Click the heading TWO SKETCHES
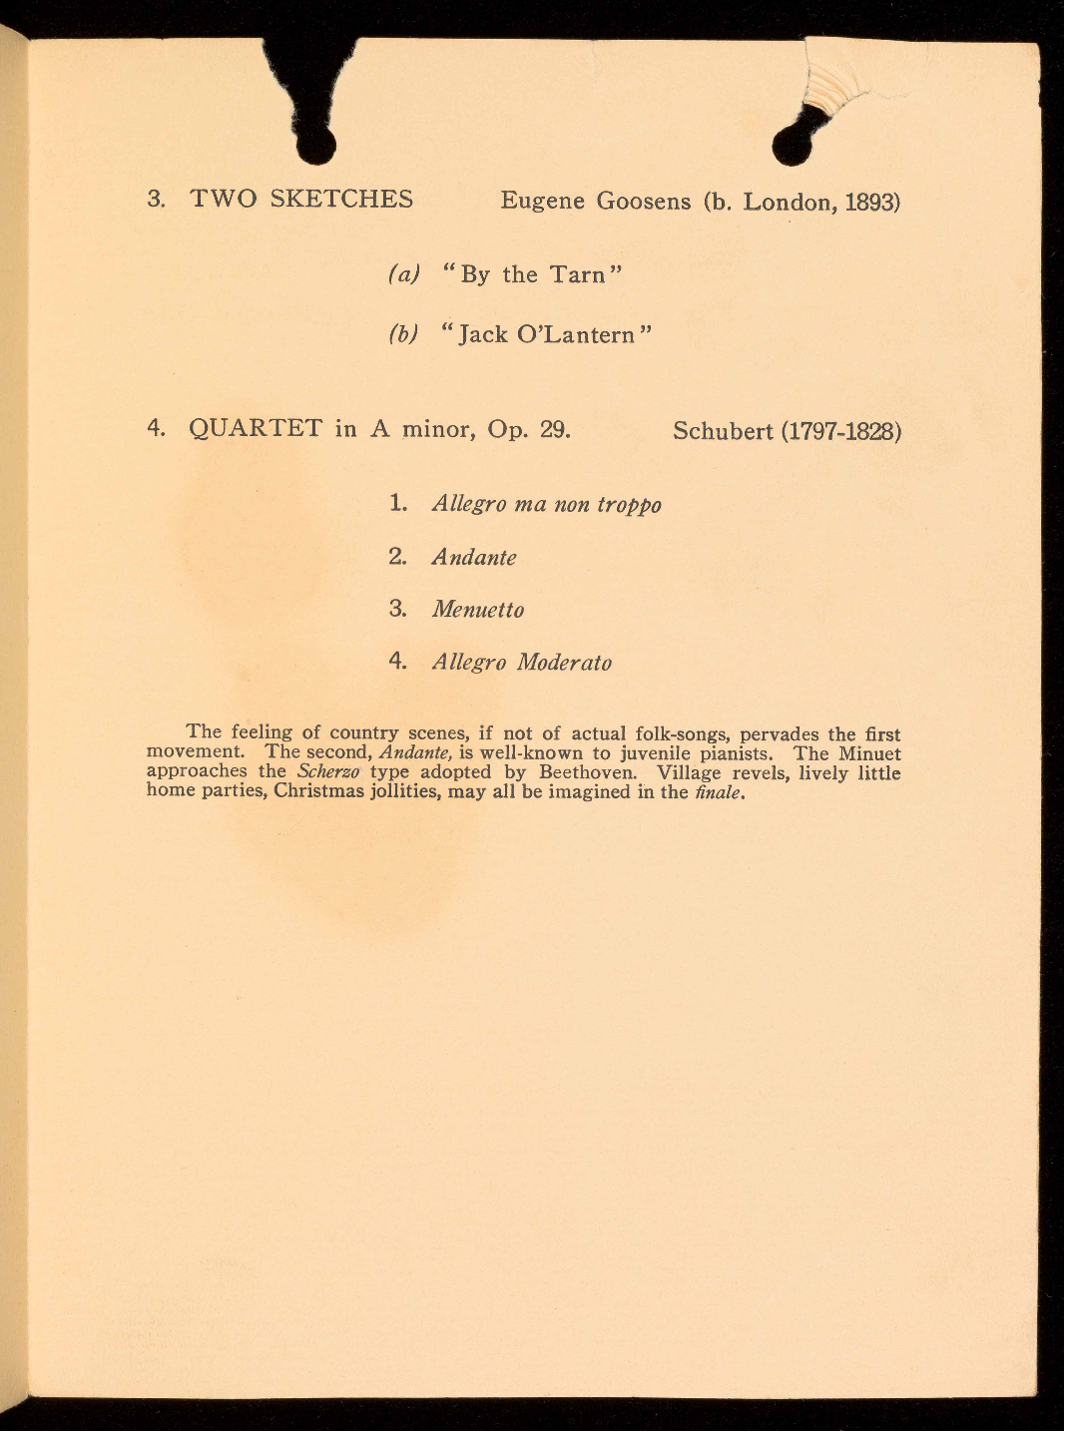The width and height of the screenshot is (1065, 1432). pos(301,199)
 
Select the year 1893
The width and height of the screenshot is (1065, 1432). pos(872,203)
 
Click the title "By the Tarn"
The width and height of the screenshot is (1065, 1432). pos(532,274)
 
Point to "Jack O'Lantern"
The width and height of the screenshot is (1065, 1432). pos(546,334)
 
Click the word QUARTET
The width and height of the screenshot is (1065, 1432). pos(256,429)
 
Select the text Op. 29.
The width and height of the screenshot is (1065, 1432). pos(529,430)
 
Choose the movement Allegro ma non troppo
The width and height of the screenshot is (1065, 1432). pos(546,504)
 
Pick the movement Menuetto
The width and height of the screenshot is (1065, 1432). pos(477,610)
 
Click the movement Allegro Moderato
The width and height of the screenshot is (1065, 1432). pos(521,663)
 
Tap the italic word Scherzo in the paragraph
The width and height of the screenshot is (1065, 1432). pos(328,772)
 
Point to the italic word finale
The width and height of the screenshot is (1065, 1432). pos(720,792)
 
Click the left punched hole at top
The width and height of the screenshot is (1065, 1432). pos(316,146)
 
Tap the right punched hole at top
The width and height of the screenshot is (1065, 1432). pos(793,146)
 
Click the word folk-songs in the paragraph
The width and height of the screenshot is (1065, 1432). pos(678,734)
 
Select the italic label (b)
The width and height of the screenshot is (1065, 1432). pos(402,334)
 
